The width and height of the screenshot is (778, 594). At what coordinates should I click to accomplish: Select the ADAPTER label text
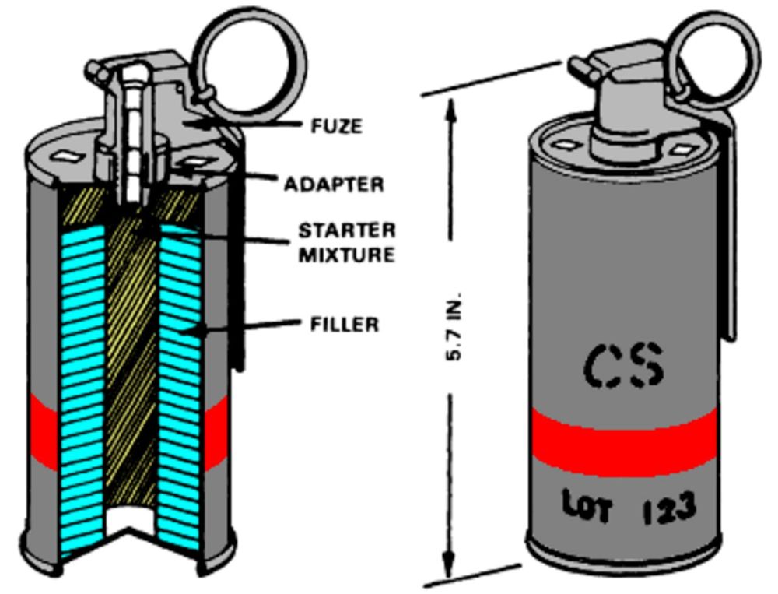click(x=334, y=185)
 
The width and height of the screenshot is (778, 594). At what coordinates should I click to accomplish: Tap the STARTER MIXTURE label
click(x=347, y=242)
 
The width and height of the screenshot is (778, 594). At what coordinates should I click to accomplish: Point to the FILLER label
click(x=345, y=323)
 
